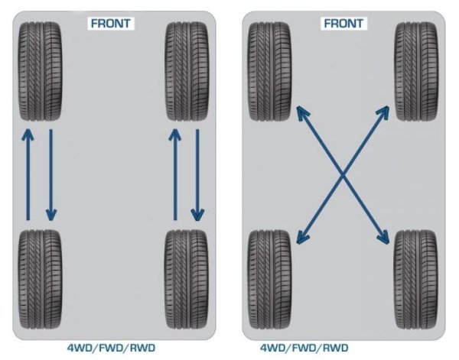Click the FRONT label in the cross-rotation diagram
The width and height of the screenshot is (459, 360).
tap(344, 22)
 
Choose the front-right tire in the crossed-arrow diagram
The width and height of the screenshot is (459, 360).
tap(415, 70)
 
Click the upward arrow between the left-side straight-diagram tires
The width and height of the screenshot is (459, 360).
tap(28, 175)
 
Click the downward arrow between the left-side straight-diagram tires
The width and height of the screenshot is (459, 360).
tap(51, 175)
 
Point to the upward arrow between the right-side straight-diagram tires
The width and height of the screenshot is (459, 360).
tap(174, 175)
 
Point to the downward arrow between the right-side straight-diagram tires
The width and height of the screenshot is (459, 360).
tap(197, 175)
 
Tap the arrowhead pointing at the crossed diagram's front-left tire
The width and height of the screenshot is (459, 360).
tap(299, 113)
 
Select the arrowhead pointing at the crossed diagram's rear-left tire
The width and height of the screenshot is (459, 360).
tap(299, 238)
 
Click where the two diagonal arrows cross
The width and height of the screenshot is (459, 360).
tap(343, 175)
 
